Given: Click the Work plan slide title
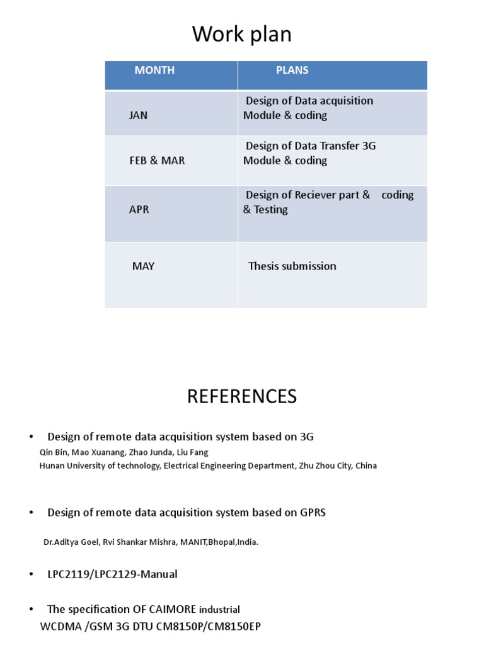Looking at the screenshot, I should point(242,35).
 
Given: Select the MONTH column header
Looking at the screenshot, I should point(154,71).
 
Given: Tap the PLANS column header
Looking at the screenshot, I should point(292,71).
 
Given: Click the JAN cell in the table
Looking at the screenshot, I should point(139,116).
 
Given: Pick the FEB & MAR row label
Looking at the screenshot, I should point(157,161).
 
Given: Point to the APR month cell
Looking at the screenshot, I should point(139,210).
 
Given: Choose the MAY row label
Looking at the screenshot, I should point(143,266).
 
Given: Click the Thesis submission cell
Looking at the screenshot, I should point(292,266).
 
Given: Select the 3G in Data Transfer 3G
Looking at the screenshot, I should point(369,146).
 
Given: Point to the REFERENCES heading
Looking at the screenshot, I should point(242,397).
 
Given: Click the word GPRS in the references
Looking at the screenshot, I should point(313,513).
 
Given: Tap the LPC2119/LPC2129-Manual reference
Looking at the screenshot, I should point(112,574).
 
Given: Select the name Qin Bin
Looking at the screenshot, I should point(52,452).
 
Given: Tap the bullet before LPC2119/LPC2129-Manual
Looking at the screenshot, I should point(31,574).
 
